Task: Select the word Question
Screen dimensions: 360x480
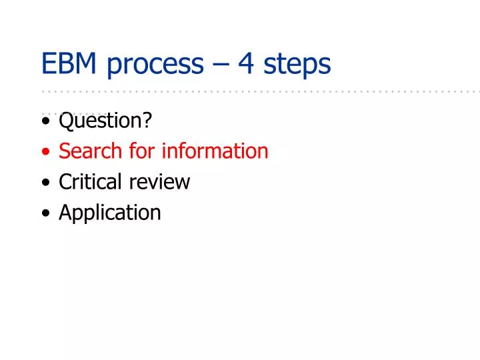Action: point(100,121)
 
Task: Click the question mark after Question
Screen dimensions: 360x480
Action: point(147,121)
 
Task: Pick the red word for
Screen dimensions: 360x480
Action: point(141,151)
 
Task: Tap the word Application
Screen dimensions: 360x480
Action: point(110,213)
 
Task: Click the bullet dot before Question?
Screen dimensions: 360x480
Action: point(45,123)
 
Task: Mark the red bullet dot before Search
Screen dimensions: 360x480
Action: point(45,153)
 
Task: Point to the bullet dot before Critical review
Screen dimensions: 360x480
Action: point(45,184)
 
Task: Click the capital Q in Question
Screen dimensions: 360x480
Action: point(65,121)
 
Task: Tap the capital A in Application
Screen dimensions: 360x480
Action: point(65,213)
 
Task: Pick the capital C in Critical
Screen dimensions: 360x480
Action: point(65,182)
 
